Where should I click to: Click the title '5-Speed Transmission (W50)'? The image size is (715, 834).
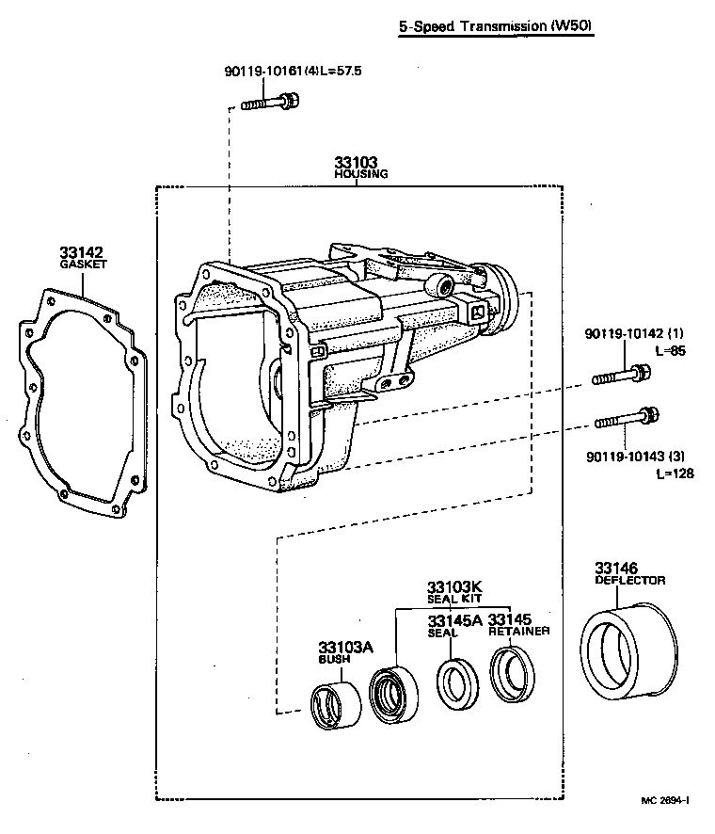[x=495, y=27]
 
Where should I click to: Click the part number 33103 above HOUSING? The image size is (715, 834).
[x=356, y=162]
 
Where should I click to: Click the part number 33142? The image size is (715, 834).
[x=81, y=252]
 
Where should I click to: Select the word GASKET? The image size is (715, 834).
[x=83, y=265]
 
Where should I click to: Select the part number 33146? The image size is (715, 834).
[x=615, y=568]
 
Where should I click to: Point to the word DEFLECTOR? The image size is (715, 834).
[x=629, y=581]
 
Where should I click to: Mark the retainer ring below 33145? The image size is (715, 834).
[x=515, y=674]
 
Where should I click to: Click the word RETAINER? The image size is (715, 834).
[x=518, y=632]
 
